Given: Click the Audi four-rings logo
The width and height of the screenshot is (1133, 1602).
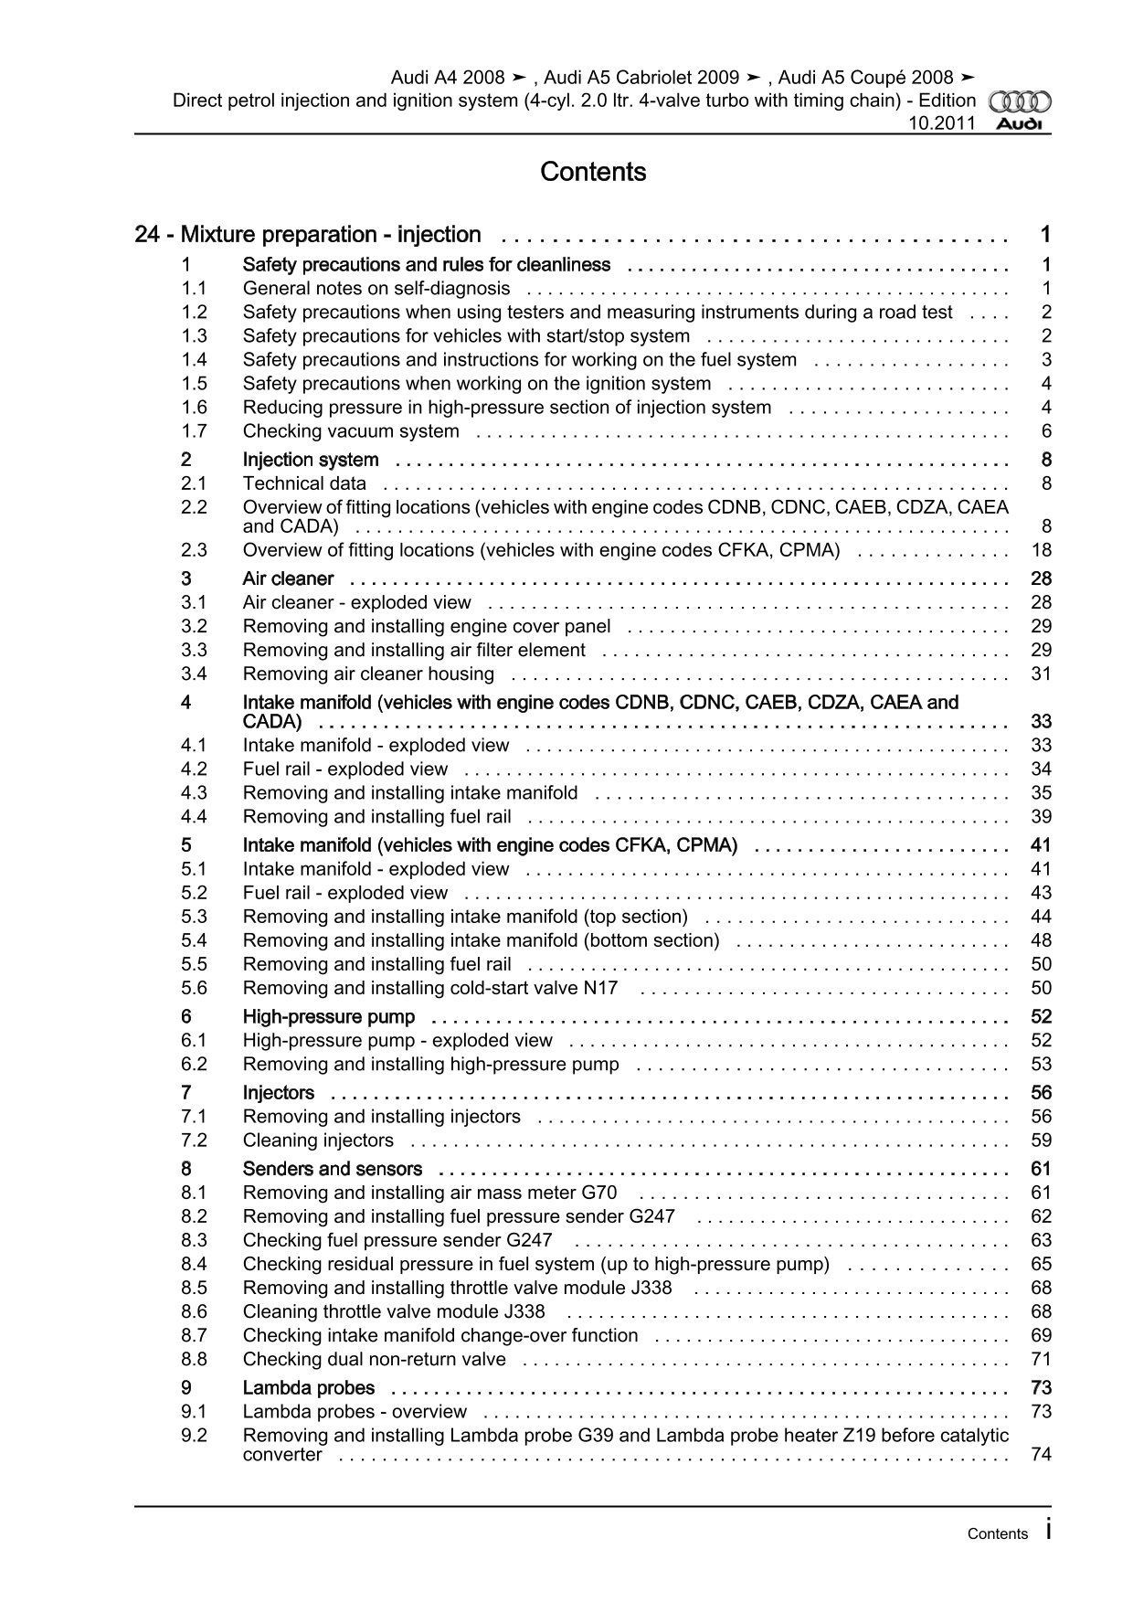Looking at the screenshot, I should pyautogui.click(x=1021, y=102).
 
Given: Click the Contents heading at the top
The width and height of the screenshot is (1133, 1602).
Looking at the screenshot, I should pyautogui.click(x=593, y=172).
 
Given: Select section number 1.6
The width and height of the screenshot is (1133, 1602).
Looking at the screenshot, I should pyautogui.click(x=194, y=408).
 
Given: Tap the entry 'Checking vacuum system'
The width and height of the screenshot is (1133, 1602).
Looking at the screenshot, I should pyautogui.click(x=351, y=431).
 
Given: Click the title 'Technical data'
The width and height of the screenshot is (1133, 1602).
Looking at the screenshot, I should pyautogui.click(x=304, y=483).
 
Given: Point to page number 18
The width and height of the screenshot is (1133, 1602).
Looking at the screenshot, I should pyautogui.click(x=1041, y=550).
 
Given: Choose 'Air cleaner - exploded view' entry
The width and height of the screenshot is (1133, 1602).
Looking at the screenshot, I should pyautogui.click(x=356, y=603).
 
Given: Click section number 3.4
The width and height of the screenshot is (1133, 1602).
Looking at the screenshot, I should pyautogui.click(x=194, y=674).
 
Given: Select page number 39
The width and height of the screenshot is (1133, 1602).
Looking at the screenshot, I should pyautogui.click(x=1041, y=817).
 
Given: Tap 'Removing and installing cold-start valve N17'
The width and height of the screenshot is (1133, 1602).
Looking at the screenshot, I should pyautogui.click(x=430, y=988).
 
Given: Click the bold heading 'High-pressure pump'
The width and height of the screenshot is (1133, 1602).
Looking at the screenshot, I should pyautogui.click(x=328, y=1017).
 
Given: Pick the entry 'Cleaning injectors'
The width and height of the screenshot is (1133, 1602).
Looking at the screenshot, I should pyautogui.click(x=318, y=1140).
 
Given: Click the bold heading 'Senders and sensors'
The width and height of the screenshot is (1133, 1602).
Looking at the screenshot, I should pyautogui.click(x=332, y=1169).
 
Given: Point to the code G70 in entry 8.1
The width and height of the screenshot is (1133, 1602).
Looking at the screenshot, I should pyautogui.click(x=598, y=1193).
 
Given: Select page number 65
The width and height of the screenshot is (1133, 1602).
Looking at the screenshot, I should pyautogui.click(x=1041, y=1264).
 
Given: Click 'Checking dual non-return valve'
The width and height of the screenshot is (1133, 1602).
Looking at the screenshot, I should pyautogui.click(x=374, y=1359).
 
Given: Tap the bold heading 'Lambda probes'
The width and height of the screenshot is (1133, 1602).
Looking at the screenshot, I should pyautogui.click(x=308, y=1388).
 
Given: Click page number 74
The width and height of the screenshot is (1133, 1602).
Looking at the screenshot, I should pyautogui.click(x=1041, y=1455).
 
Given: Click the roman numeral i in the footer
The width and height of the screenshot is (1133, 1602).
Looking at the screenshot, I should pyautogui.click(x=1048, y=1531).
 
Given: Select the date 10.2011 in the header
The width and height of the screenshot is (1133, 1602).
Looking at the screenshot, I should pyautogui.click(x=941, y=123).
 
